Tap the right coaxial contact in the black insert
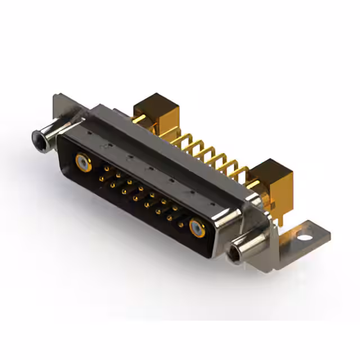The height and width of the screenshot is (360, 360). coord(197,228)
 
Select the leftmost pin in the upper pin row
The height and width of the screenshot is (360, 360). coord(103,166)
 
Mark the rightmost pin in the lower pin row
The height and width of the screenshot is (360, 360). coord(181,223)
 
